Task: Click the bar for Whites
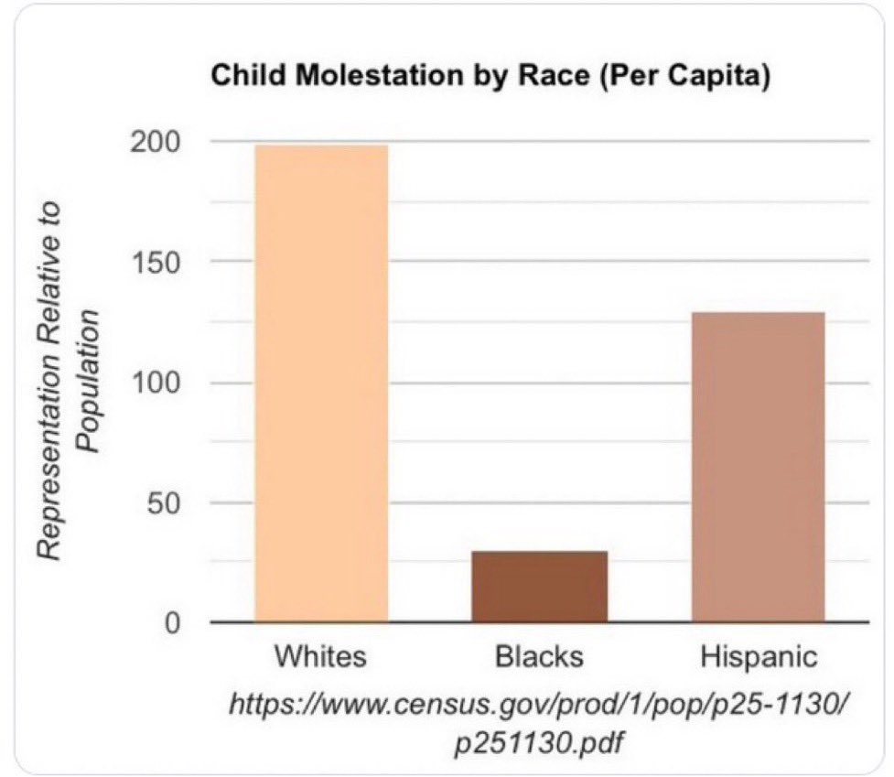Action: coord(321,383)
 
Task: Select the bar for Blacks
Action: coord(539,587)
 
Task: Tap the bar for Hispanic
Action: coord(759,467)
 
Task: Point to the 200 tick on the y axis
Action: coord(155,142)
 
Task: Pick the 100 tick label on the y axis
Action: coord(156,383)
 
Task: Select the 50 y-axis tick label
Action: coord(164,502)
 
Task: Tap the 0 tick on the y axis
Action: coord(172,623)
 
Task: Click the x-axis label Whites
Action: coord(320,656)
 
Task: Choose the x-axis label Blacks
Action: coord(539,656)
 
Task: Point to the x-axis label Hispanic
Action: coord(759,657)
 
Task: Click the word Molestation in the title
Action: coord(379,75)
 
